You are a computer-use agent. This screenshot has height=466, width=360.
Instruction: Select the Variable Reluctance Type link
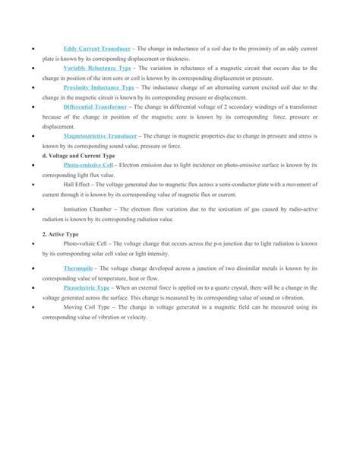(98, 68)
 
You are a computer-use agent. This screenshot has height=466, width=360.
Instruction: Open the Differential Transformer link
(94, 107)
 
